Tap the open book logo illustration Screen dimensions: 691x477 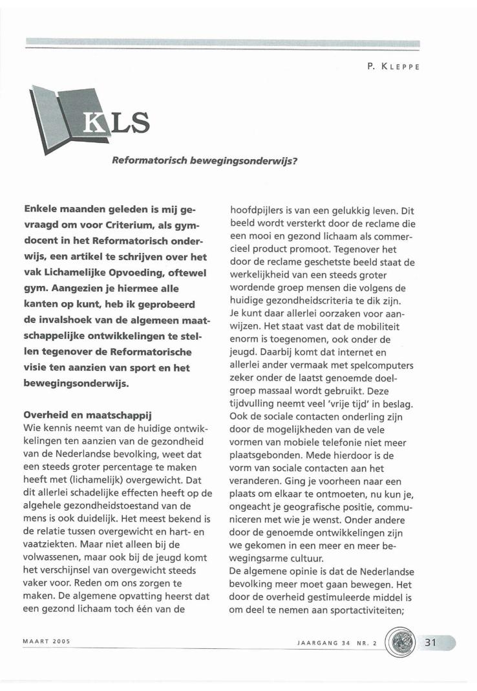(x=65, y=117)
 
